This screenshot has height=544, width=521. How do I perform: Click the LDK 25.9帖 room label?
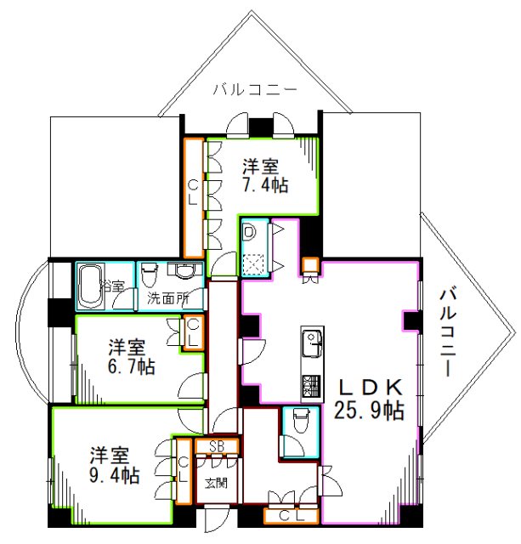370,399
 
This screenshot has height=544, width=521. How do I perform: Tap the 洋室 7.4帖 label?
265,175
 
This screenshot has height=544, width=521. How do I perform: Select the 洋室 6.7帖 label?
131,357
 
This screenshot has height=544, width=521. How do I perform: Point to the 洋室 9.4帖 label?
115,466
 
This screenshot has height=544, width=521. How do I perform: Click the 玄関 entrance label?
216,483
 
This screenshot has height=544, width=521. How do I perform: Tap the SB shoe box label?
217,447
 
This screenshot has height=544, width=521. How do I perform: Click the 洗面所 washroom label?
168,298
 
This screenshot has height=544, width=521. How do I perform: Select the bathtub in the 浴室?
91,286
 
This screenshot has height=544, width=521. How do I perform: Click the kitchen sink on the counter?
312,343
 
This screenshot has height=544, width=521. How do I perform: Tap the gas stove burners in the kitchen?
312,387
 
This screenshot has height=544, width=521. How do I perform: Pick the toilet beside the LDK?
301,421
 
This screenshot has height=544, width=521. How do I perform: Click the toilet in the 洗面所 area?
150,275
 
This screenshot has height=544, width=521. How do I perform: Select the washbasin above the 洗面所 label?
184,270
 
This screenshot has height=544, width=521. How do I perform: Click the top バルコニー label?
255,89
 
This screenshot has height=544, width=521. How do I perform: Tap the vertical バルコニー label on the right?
447,331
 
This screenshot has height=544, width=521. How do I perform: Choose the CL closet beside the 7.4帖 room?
193,198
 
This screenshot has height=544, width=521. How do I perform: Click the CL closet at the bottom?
291,516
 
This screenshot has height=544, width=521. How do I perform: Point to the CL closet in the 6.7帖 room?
193,332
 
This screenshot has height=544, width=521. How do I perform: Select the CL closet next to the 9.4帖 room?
183,471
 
